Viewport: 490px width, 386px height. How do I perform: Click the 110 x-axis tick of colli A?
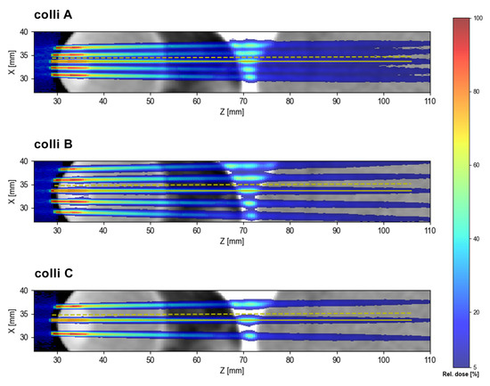[x=429, y=101]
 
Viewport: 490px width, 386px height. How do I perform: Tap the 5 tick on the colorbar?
[x=478, y=365]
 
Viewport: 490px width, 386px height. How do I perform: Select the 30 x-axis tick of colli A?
[x=58, y=101]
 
